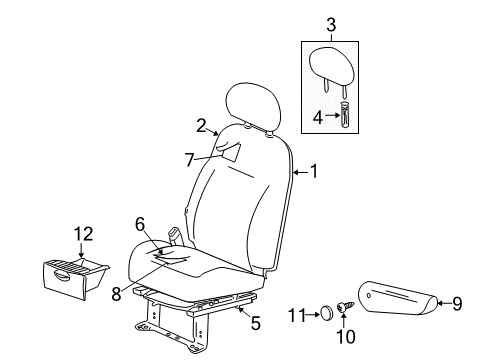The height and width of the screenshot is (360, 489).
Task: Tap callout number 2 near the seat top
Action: (x=201, y=125)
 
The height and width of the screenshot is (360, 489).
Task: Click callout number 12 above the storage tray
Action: (x=82, y=235)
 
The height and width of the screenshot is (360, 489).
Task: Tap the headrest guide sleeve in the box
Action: (x=346, y=115)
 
